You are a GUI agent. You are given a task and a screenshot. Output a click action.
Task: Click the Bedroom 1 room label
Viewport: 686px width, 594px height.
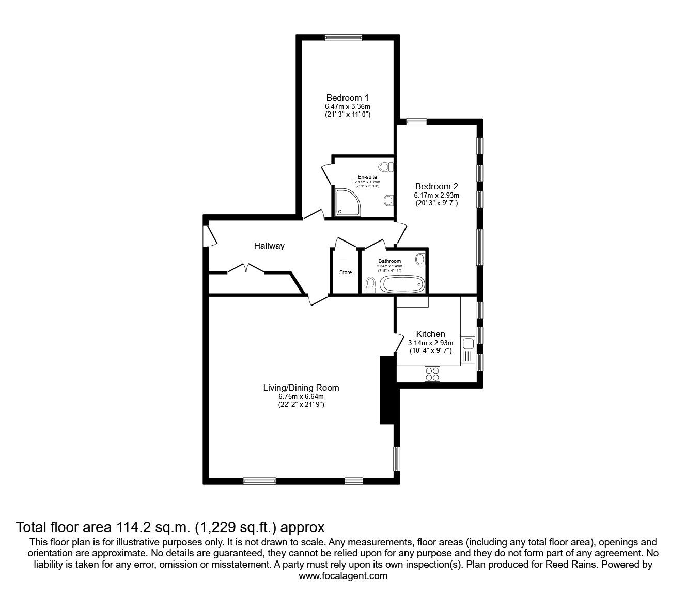click(x=347, y=98)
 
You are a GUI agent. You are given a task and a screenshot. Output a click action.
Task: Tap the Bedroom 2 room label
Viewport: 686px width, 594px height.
click(x=436, y=186)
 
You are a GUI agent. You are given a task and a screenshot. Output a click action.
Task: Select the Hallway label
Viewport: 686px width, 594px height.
click(x=269, y=246)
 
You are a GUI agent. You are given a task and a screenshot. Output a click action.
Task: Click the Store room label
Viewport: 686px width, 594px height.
click(x=345, y=272)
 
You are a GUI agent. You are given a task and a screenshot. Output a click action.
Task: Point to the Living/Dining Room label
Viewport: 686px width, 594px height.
click(x=301, y=388)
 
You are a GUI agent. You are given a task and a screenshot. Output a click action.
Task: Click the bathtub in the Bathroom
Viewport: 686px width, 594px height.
click(x=402, y=283)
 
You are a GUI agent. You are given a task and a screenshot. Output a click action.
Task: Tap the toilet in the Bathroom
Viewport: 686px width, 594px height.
click(x=370, y=284)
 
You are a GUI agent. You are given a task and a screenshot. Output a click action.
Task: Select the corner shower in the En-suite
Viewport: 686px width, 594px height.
click(x=343, y=203)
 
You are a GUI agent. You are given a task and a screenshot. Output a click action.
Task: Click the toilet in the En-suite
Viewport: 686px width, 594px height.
click(x=385, y=167)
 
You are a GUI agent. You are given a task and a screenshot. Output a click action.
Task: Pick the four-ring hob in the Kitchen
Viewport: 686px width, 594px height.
click(x=432, y=374)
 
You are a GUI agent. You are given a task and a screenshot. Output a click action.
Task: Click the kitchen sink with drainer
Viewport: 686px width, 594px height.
click(x=469, y=349)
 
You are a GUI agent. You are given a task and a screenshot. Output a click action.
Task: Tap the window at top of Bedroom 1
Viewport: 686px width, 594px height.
click(x=344, y=37)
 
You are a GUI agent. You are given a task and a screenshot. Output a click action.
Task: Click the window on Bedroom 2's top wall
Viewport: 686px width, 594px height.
click(x=416, y=122)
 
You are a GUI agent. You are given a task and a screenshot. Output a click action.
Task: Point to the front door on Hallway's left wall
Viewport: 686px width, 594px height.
click(x=209, y=235)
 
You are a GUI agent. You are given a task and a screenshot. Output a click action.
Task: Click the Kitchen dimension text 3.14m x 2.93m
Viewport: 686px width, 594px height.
click(x=430, y=343)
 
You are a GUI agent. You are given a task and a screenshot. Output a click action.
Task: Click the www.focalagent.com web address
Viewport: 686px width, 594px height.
click(x=343, y=576)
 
